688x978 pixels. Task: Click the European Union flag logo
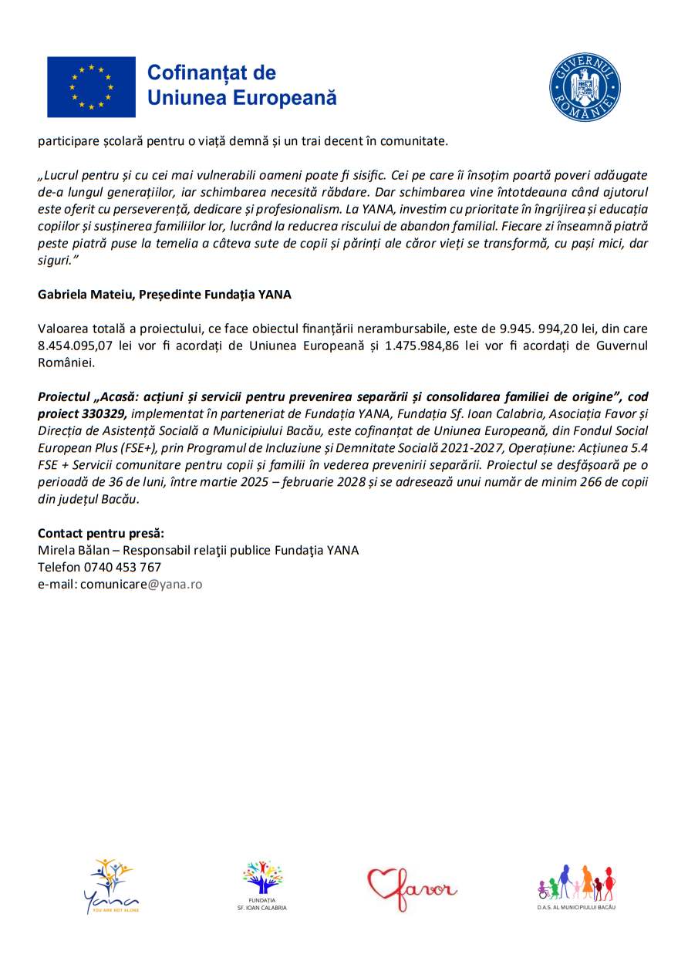click(91, 86)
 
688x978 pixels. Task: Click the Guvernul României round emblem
click(585, 87)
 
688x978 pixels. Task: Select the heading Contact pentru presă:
click(101, 533)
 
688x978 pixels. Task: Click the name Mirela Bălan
click(72, 550)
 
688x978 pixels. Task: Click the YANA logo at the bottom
click(111, 886)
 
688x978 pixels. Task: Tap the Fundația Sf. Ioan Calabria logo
click(262, 886)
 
